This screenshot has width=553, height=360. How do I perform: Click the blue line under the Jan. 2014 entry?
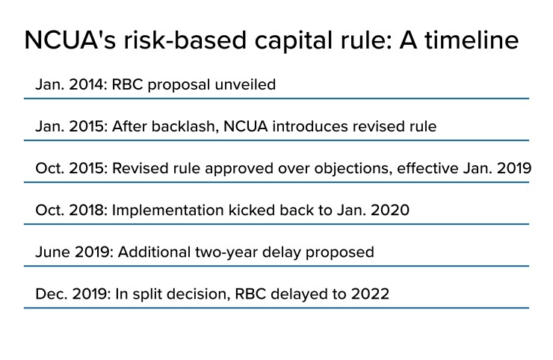(276, 98)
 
